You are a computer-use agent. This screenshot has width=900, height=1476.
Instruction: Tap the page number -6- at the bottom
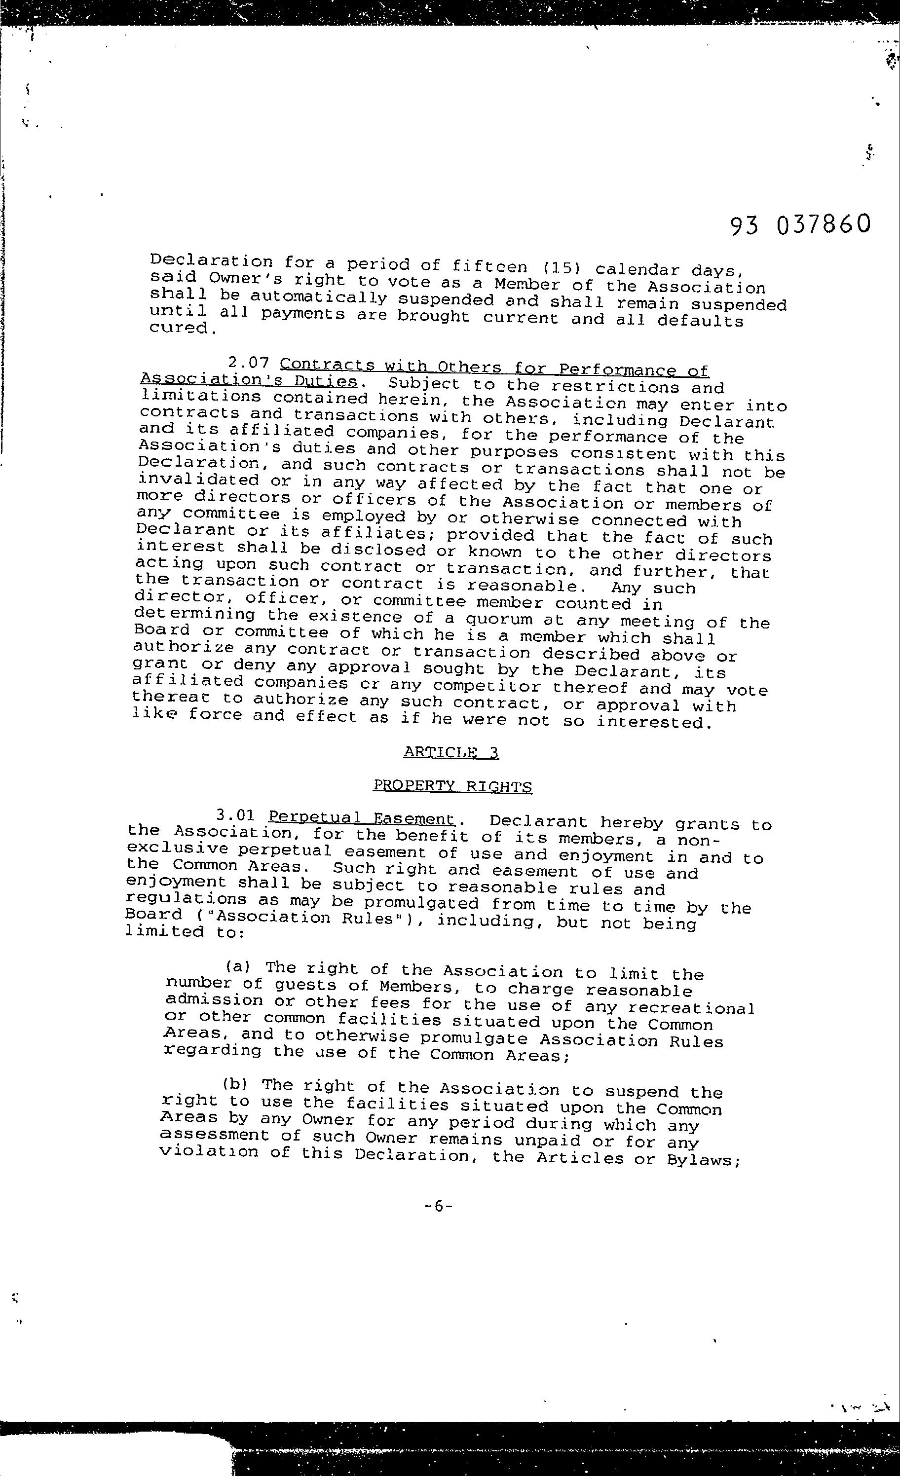pos(437,1206)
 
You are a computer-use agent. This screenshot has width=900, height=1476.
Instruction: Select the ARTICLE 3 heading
pos(450,752)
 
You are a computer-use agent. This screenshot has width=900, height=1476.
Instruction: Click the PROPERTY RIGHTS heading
pos(452,786)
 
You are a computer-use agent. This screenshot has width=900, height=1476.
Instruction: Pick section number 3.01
pos(235,815)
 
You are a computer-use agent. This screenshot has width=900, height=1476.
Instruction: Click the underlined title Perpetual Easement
pos(362,818)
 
